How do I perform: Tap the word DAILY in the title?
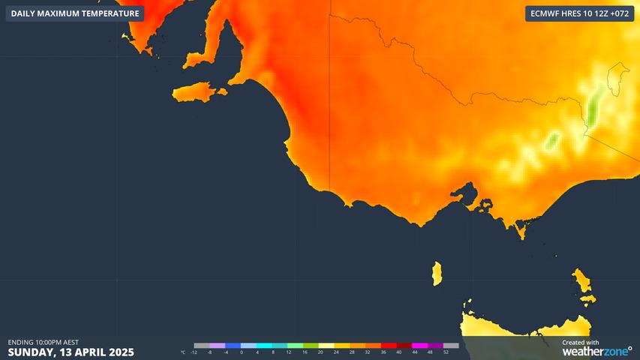[x=23, y=13]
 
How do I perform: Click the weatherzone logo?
[x=597, y=350]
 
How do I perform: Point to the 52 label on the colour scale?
[x=446, y=352]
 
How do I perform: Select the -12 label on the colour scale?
[x=194, y=352]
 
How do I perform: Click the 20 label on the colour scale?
[x=320, y=352]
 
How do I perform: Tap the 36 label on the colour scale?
[x=383, y=352]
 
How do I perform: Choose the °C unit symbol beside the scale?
[x=183, y=352]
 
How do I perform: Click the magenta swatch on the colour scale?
[x=419, y=346]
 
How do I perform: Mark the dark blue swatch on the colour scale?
[x=233, y=346]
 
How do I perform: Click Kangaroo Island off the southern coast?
[x=197, y=93]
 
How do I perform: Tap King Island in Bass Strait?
[x=437, y=274]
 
